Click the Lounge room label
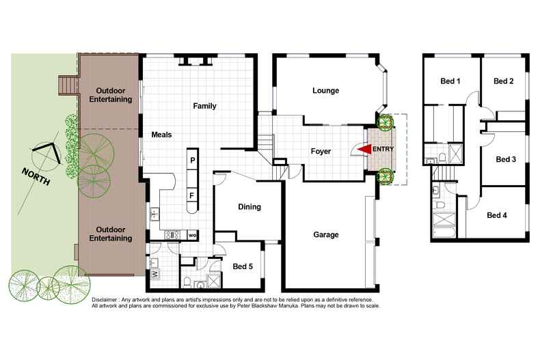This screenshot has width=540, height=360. (326, 91)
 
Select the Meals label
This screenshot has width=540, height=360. (161, 135)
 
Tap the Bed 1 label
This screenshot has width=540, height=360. (449, 82)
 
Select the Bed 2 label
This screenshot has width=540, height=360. (503, 81)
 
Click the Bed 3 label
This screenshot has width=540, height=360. (505, 159)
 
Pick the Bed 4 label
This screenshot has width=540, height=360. (497, 215)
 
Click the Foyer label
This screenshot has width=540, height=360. (321, 152)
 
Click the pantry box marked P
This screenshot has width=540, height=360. (193, 161)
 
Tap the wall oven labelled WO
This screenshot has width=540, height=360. (192, 236)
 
